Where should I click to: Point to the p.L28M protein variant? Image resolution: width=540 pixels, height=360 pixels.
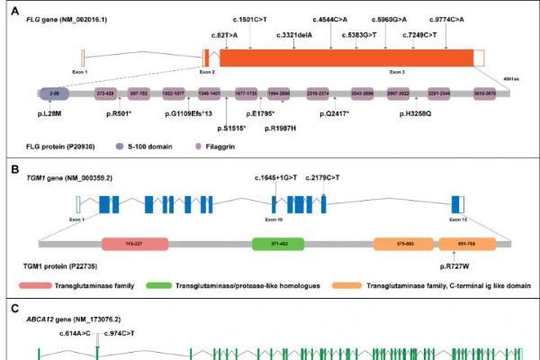tap(50, 113)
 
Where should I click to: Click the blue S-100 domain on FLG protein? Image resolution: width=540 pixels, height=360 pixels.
tap(53, 93)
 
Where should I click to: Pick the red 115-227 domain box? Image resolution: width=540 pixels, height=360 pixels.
tap(135, 243)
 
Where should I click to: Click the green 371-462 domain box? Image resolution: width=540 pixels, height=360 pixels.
tap(278, 243)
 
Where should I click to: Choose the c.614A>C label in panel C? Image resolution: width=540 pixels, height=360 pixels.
tap(76, 333)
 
